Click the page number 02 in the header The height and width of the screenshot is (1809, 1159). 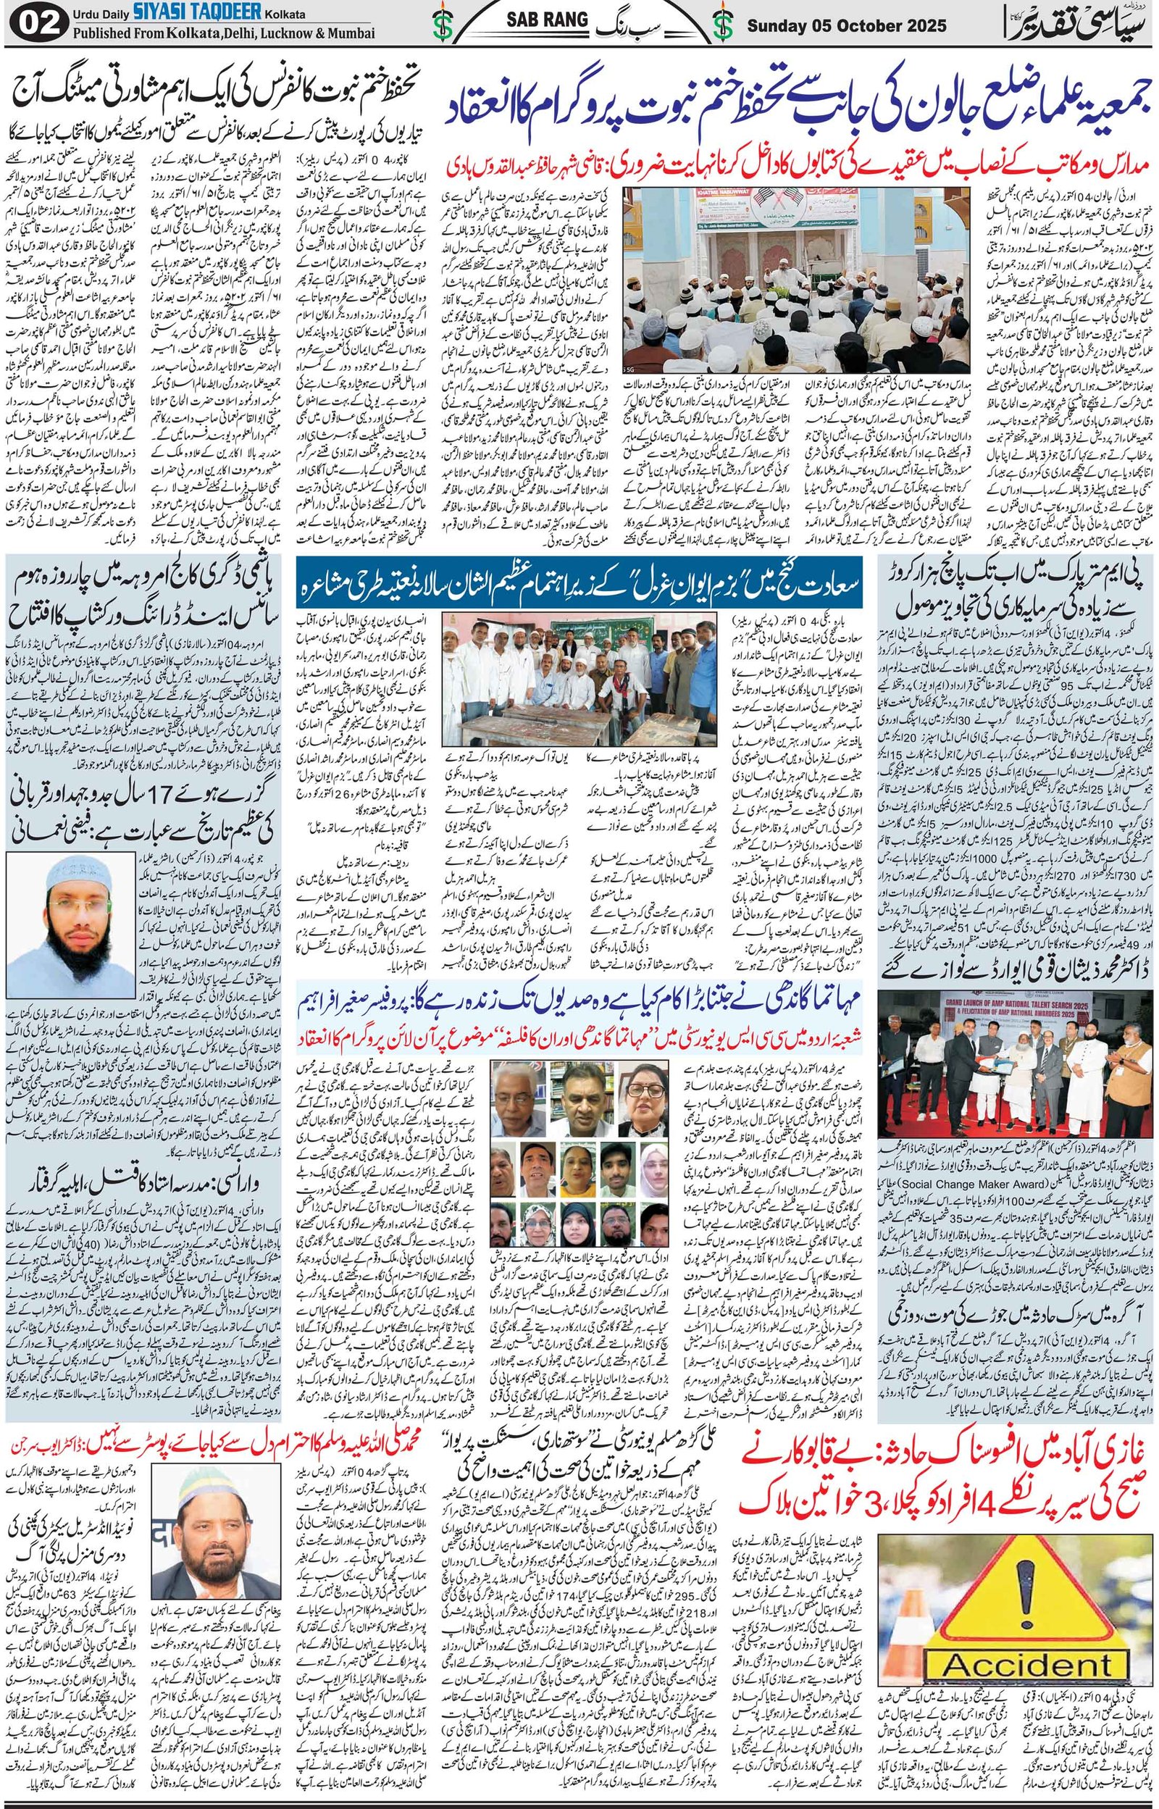pyautogui.click(x=31, y=23)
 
